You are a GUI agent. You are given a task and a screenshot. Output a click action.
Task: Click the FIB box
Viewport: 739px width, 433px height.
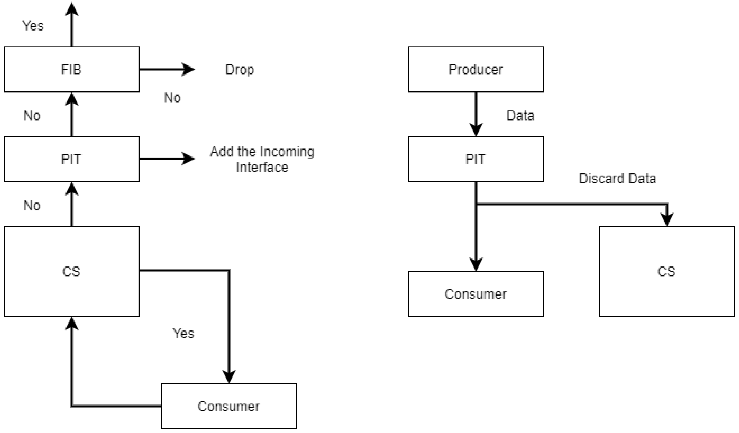click(71, 70)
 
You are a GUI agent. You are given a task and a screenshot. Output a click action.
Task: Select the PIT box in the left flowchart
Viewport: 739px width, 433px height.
click(71, 159)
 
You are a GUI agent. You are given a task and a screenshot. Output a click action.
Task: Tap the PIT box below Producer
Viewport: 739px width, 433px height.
click(476, 159)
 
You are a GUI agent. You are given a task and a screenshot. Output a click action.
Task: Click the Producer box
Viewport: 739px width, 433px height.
click(476, 70)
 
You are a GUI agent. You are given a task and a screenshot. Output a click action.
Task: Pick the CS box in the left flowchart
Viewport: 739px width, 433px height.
click(71, 271)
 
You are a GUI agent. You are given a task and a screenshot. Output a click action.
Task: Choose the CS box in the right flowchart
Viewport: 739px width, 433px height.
click(667, 271)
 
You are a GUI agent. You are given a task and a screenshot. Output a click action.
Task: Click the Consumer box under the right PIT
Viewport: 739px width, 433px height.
click(476, 294)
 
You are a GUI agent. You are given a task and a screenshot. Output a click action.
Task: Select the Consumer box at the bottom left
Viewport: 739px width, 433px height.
click(229, 406)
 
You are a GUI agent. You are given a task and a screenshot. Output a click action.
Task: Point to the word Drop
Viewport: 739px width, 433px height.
click(240, 70)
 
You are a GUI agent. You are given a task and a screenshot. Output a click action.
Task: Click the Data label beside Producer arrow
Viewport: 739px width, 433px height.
click(520, 116)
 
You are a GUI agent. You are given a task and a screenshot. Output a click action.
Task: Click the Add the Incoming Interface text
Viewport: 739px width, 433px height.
click(262, 159)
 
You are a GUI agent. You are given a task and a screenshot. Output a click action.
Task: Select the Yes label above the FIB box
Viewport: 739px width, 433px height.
click(33, 26)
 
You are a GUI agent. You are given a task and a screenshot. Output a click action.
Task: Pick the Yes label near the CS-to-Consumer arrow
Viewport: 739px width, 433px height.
click(183, 333)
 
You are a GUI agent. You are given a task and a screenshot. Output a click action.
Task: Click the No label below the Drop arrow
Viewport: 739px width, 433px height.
click(172, 98)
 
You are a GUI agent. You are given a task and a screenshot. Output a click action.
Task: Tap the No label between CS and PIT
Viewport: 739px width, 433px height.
click(32, 205)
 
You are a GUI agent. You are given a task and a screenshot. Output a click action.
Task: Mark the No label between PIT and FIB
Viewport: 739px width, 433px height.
click(32, 116)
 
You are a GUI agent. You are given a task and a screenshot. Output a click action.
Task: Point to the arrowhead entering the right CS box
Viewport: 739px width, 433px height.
click(667, 219)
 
